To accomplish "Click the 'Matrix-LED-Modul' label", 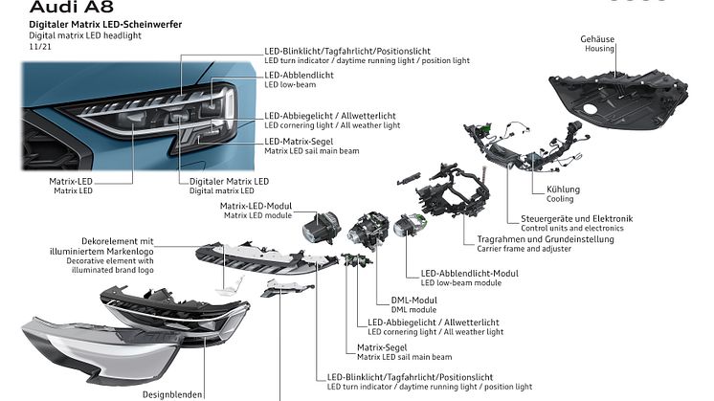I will coord(256,207).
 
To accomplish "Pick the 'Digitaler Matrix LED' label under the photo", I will coord(229,181).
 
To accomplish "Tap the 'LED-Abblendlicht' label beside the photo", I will coord(300,74).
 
